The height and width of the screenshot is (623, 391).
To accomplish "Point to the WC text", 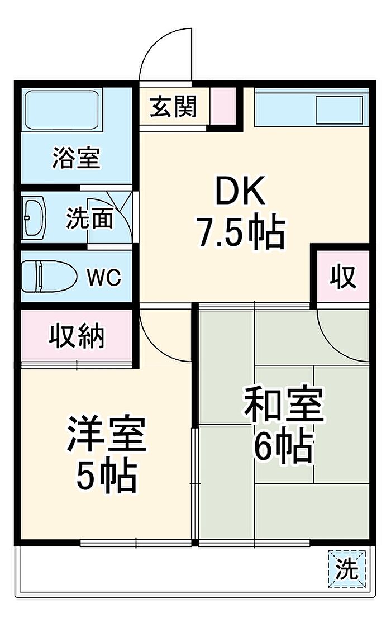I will coord(104,278).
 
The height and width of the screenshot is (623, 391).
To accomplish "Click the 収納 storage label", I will coord(77,336).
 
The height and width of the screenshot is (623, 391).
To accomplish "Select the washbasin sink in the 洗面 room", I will coord(35,217).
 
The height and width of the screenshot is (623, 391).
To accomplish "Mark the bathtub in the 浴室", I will coord(61,110).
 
